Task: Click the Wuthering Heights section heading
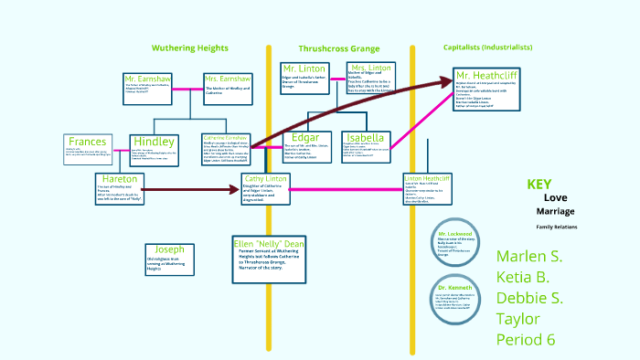190,48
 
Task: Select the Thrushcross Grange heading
340,48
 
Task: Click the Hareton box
120,188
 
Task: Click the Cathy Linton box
265,188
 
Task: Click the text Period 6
526,339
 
